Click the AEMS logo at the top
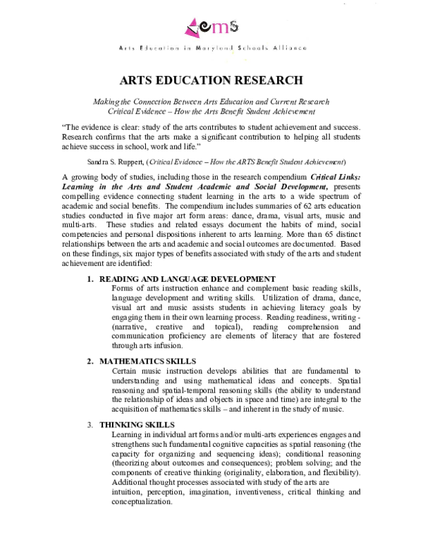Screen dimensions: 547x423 click(x=211, y=27)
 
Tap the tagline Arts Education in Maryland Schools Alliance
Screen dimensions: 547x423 click(x=211, y=48)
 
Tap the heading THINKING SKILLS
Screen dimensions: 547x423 click(x=137, y=425)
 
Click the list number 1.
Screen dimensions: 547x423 click(x=90, y=278)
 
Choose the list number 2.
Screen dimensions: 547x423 click(x=90, y=361)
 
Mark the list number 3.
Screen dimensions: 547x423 click(x=90, y=425)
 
